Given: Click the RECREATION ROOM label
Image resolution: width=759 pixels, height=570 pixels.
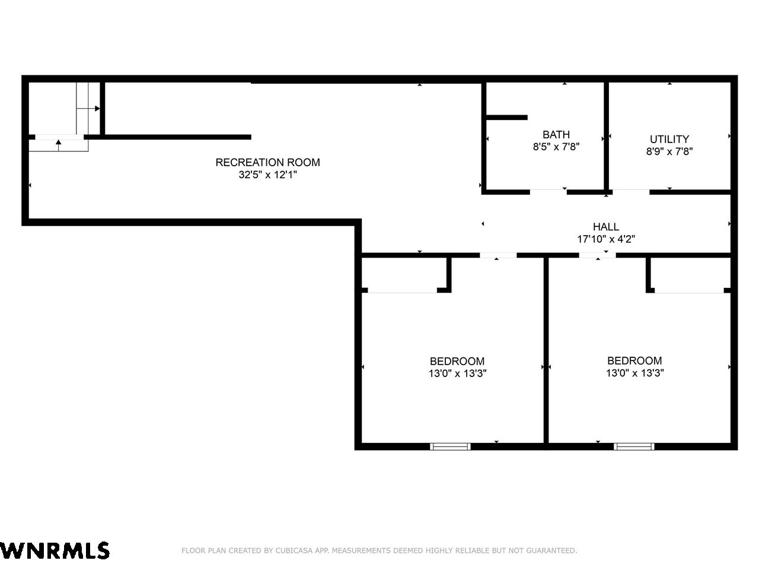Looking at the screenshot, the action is (267, 162).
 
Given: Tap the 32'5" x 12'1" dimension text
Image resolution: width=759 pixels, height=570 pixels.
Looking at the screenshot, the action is (267, 175).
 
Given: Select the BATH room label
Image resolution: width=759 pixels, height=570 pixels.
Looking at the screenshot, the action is (556, 134).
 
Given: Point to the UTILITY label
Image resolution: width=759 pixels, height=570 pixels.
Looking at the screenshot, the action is (669, 139).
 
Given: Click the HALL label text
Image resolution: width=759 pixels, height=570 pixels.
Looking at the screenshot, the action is (606, 227).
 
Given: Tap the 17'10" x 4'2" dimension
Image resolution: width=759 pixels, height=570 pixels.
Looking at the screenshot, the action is (606, 239).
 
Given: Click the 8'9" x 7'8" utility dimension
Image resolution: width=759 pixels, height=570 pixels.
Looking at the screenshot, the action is (669, 151).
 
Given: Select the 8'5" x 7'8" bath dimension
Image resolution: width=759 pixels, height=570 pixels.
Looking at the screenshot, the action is (556, 147).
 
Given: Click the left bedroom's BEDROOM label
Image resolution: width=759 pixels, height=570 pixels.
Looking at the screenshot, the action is (457, 362).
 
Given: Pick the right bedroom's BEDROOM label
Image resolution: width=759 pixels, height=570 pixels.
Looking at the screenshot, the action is (634, 360).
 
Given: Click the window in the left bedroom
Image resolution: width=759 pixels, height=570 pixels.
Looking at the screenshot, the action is (450, 446).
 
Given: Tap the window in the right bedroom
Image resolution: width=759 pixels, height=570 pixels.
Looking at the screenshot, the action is (634, 446).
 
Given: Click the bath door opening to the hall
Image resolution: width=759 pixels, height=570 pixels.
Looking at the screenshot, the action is (548, 192).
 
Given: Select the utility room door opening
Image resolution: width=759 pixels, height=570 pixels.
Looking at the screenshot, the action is (631, 192).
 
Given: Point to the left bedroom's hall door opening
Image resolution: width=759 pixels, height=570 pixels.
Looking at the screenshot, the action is (498, 255).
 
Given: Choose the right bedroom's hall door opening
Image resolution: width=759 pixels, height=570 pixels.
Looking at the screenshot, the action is (598, 255).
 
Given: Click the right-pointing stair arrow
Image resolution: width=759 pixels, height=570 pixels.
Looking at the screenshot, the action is (88, 109).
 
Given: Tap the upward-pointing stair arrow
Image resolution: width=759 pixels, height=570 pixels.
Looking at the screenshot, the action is (59, 145).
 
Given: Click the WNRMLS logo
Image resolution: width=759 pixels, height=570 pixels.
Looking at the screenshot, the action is (55, 551).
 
